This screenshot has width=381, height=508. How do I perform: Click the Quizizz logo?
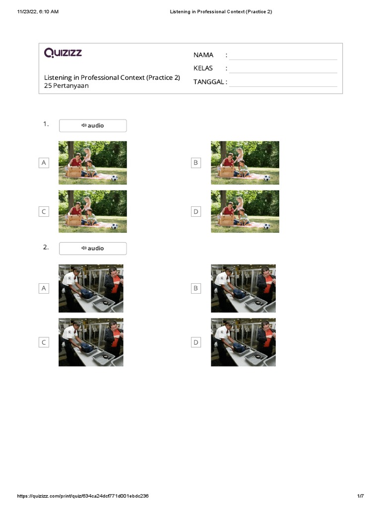coord(63,53)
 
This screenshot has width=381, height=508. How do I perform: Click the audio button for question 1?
coord(93,126)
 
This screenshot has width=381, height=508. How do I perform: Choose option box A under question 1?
coord(44,163)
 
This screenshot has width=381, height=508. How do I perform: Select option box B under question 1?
coord(196,163)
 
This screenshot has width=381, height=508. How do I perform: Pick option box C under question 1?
coord(44,212)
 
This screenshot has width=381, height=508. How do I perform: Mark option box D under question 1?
coord(196,212)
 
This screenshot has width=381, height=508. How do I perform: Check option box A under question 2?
coord(44,288)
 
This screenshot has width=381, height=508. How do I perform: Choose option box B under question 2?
coord(196,288)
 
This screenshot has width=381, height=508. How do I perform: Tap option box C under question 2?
coord(44,342)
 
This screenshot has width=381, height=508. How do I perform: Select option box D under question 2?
coord(196,342)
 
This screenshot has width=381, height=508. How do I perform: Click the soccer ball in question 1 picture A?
coord(114,178)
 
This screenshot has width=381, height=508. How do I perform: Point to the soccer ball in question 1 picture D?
coord(266,226)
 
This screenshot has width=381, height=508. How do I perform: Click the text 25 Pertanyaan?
coord(66,86)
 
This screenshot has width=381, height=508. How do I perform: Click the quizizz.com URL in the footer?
coord(83,496)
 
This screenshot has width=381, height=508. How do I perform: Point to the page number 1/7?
coord(360,496)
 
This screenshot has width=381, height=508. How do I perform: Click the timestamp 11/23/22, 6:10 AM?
coord(38,11)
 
